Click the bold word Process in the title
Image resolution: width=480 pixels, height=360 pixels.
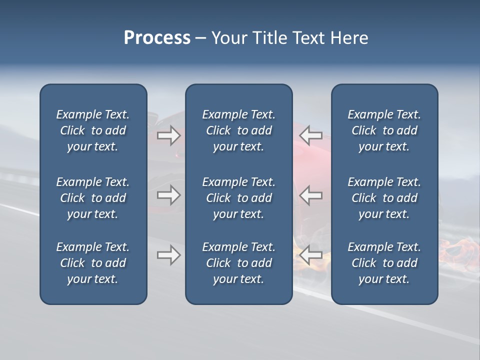pos(157,38)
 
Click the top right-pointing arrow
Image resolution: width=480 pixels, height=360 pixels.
pos(168,135)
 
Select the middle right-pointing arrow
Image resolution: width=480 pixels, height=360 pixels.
pos(168,195)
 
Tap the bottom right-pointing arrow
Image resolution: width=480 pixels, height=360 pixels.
pos(168,255)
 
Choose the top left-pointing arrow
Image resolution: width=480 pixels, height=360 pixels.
pos(311,135)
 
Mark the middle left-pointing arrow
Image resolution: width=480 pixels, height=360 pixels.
pos(311,195)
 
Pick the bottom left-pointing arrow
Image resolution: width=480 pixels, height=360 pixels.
pos(311,255)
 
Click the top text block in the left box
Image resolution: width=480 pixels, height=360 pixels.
pos(93,130)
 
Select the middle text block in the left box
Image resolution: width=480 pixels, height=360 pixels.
pos(93,198)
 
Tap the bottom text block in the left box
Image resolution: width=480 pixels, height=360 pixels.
pos(93,263)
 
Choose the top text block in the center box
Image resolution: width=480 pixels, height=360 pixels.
pos(238,130)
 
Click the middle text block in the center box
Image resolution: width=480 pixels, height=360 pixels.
pos(238,198)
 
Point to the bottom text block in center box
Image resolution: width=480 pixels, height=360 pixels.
pos(238,263)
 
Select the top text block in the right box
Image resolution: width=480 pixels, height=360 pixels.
pos(384,130)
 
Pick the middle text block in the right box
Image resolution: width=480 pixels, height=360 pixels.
pos(384,198)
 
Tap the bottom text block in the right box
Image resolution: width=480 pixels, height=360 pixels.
pos(384,263)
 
